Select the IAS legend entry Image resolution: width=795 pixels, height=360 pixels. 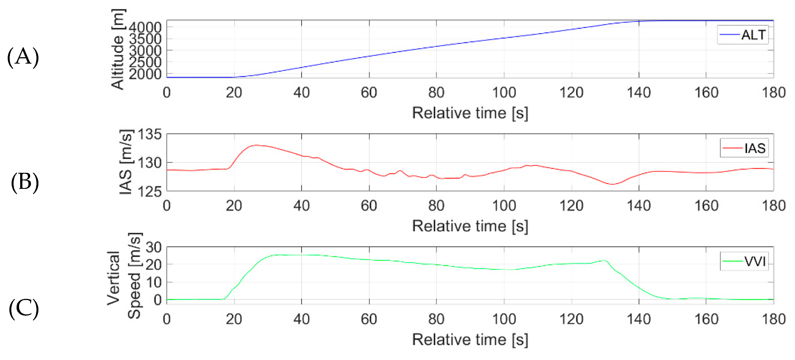pyautogui.click(x=744, y=148)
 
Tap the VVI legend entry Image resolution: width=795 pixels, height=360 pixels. pyautogui.click(x=744, y=262)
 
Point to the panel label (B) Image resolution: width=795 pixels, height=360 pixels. pyautogui.click(x=25, y=182)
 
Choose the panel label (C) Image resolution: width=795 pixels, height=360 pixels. pyautogui.click(x=24, y=309)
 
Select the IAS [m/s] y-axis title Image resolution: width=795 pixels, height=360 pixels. pyautogui.click(x=126, y=162)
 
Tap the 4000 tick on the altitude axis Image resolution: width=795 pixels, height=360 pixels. pyautogui.click(x=145, y=27)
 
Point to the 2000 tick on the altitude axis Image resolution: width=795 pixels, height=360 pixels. pyautogui.click(x=145, y=74)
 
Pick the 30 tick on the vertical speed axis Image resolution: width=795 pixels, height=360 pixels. pyautogui.click(x=153, y=247)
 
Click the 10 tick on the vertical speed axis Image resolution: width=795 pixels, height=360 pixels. pyautogui.click(x=153, y=282)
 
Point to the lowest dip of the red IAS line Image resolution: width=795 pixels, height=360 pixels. pyautogui.click(x=612, y=184)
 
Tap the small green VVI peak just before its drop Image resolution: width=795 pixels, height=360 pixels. pyautogui.click(x=605, y=260)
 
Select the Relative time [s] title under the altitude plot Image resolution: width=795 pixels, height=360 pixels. pyautogui.click(x=470, y=113)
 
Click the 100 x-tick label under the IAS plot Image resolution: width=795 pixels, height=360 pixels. pyautogui.click(x=504, y=206)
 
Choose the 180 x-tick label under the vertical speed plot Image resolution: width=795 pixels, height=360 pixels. pyautogui.click(x=773, y=319)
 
